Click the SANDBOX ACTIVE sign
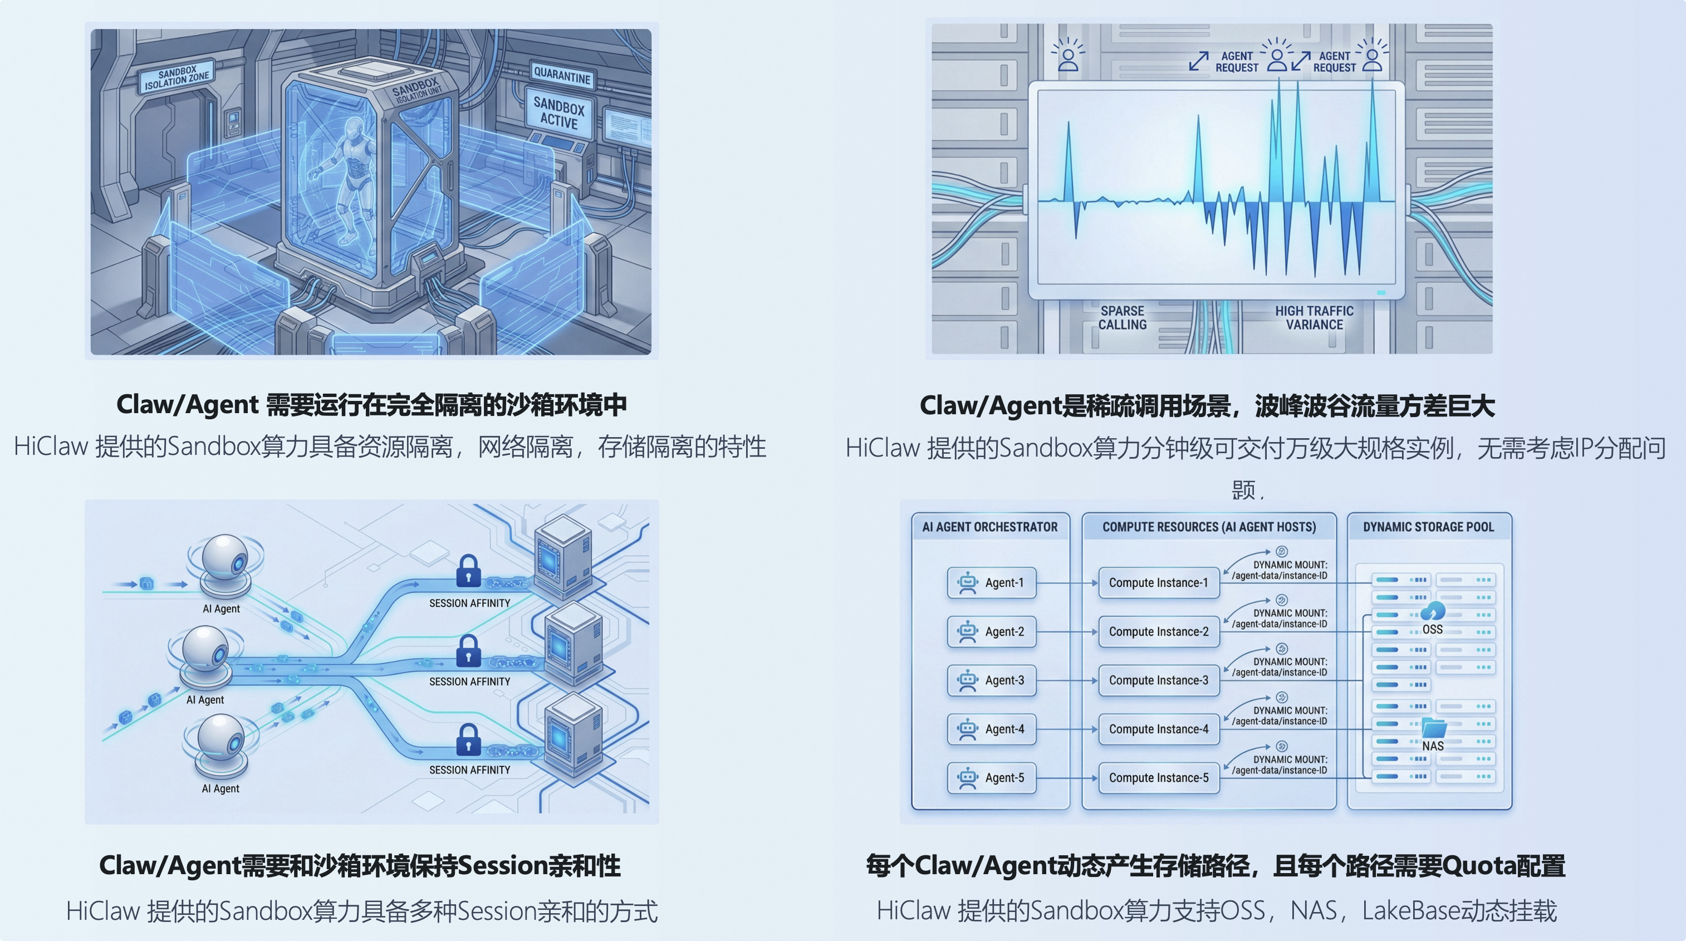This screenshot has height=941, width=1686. tap(558, 112)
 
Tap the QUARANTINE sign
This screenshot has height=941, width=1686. tap(562, 76)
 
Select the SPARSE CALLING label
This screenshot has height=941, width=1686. tap(1122, 318)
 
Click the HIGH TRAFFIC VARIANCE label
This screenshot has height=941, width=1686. tap(1313, 318)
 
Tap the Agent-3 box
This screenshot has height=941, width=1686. tap(992, 680)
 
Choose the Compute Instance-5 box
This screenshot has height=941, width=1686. tap(1159, 778)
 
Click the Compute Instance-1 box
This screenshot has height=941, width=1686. tap(1159, 583)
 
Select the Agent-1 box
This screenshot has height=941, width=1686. tap(992, 583)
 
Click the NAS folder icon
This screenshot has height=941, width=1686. tap(1433, 728)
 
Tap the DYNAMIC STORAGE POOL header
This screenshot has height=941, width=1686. tap(1429, 527)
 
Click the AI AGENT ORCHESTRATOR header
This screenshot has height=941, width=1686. tap(989, 527)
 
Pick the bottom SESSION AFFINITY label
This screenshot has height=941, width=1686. tap(469, 770)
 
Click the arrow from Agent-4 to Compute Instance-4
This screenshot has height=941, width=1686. tap(1067, 729)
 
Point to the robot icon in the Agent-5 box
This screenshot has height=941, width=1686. tap(967, 778)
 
